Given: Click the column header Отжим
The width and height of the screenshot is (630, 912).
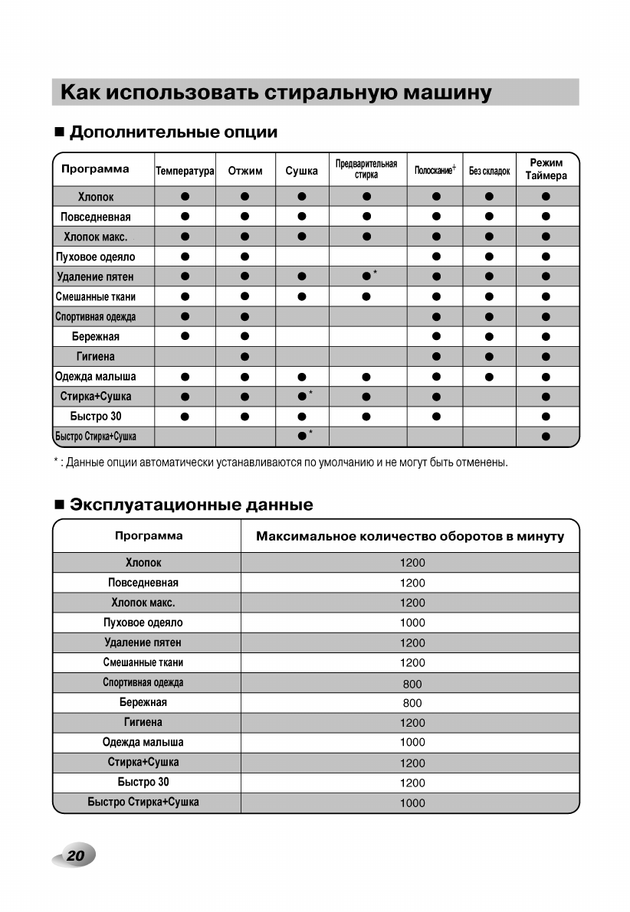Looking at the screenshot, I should pyautogui.click(x=244, y=171).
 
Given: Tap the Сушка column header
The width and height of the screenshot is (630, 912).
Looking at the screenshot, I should pyautogui.click(x=301, y=171).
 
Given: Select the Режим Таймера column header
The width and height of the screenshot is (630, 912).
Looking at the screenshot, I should pyautogui.click(x=546, y=169).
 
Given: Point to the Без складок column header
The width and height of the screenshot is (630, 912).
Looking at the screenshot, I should pyautogui.click(x=489, y=171).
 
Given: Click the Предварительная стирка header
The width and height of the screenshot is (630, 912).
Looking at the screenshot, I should pyautogui.click(x=366, y=169).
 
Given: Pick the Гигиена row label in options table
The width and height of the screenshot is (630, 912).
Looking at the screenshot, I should pyautogui.click(x=96, y=356).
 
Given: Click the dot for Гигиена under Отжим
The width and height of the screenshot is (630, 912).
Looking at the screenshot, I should pyautogui.click(x=244, y=356).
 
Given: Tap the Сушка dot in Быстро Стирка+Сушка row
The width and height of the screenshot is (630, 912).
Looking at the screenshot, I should pyautogui.click(x=301, y=436).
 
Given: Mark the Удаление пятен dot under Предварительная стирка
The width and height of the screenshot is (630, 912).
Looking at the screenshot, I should pyautogui.click(x=366, y=276).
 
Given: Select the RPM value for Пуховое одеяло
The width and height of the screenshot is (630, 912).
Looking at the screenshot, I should pyautogui.click(x=412, y=623).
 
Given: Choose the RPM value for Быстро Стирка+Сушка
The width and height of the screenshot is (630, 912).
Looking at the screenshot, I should pyautogui.click(x=412, y=803).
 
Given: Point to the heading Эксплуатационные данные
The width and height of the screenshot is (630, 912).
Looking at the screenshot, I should pyautogui.click(x=191, y=505).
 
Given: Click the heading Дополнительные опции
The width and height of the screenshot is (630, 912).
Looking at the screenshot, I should pyautogui.click(x=173, y=132).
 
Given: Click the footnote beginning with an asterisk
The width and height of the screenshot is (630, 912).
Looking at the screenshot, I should pyautogui.click(x=281, y=463).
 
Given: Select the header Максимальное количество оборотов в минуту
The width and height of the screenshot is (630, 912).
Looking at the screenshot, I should pyautogui.click(x=410, y=536).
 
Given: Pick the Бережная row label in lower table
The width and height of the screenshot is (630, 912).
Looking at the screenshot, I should pyautogui.click(x=143, y=702).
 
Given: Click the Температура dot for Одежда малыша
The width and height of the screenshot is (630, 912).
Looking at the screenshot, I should pyautogui.click(x=185, y=377).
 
